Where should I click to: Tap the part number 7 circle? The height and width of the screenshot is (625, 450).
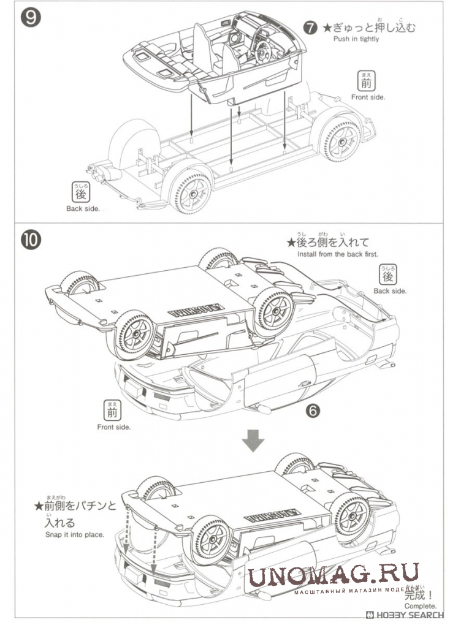311,28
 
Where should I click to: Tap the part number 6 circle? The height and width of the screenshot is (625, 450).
313,411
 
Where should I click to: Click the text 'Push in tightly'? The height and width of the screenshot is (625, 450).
356,39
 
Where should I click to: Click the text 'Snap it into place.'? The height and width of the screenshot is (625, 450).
75,534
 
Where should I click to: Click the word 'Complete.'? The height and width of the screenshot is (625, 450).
421,607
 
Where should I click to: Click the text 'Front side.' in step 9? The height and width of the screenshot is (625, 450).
368,97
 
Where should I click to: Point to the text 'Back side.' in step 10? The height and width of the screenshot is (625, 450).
390,291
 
